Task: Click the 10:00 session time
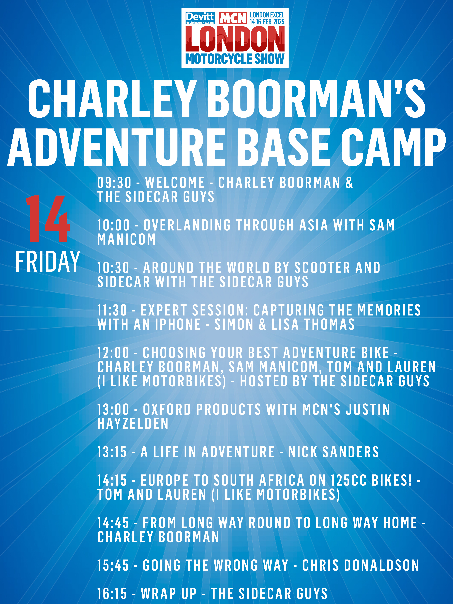[114, 225]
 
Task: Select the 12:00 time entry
[113, 353]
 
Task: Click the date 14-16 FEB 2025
[267, 22]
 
